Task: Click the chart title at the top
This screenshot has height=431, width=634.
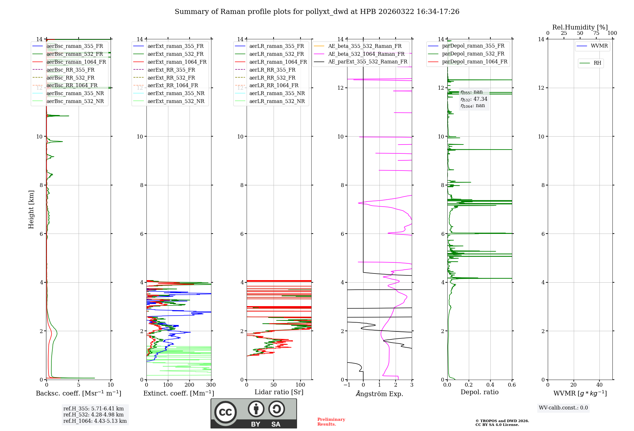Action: (317, 12)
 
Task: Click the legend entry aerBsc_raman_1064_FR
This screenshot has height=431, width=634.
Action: (76, 62)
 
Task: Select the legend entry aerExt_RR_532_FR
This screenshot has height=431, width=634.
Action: (171, 78)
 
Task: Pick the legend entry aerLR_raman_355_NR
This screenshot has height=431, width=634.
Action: (277, 93)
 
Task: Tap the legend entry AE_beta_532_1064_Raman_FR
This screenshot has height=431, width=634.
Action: (366, 54)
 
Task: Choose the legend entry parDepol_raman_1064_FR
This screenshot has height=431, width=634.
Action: (475, 62)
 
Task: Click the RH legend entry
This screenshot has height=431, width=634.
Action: (597, 63)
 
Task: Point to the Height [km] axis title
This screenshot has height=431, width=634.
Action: (31, 209)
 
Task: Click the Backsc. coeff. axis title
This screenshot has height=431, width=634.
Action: (78, 393)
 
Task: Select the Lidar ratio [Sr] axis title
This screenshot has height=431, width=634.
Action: (279, 392)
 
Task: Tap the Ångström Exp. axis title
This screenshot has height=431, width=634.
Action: (379, 394)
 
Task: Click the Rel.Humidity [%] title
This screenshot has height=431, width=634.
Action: (580, 27)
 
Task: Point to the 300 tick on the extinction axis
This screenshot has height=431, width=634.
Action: (211, 385)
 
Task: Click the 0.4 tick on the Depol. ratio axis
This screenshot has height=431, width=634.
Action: (490, 385)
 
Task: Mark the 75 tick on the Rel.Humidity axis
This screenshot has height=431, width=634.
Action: (596, 33)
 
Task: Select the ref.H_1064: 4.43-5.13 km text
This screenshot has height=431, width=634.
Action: (95, 421)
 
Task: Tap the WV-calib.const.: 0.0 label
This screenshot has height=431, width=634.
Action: (563, 408)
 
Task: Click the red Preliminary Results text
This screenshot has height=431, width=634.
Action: (331, 422)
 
